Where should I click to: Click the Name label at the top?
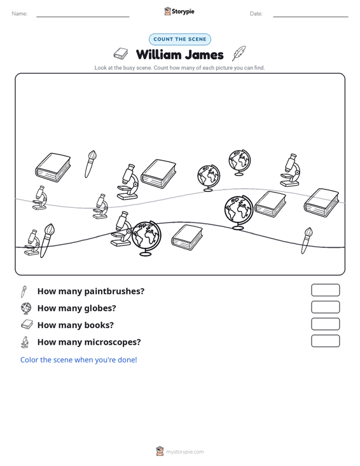pyautogui.click(x=20, y=14)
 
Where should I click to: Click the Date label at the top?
pyautogui.click(x=256, y=14)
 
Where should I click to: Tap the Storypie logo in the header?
pyautogui.click(x=179, y=11)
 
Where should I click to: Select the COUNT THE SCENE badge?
pyautogui.click(x=180, y=39)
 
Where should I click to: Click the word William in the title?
pyautogui.click(x=159, y=55)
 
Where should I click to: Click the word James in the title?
pyautogui.click(x=205, y=55)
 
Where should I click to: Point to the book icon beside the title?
pyautogui.click(x=121, y=53)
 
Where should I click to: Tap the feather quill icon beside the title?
pyautogui.click(x=239, y=53)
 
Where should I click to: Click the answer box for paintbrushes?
pyautogui.click(x=325, y=290)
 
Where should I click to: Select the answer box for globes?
pyautogui.click(x=325, y=307)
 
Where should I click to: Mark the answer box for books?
pyautogui.click(x=325, y=324)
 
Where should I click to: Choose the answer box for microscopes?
pyautogui.click(x=325, y=341)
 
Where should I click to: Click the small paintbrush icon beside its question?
pyautogui.click(x=24, y=291)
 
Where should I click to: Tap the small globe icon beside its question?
pyautogui.click(x=26, y=308)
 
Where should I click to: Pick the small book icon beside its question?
pyautogui.click(x=27, y=324)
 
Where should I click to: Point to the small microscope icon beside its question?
pyautogui.click(x=25, y=342)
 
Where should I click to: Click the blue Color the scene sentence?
pyautogui.click(x=78, y=360)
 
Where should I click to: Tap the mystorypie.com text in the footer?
pyautogui.click(x=185, y=452)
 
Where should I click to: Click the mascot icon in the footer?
pyautogui.click(x=160, y=451)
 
